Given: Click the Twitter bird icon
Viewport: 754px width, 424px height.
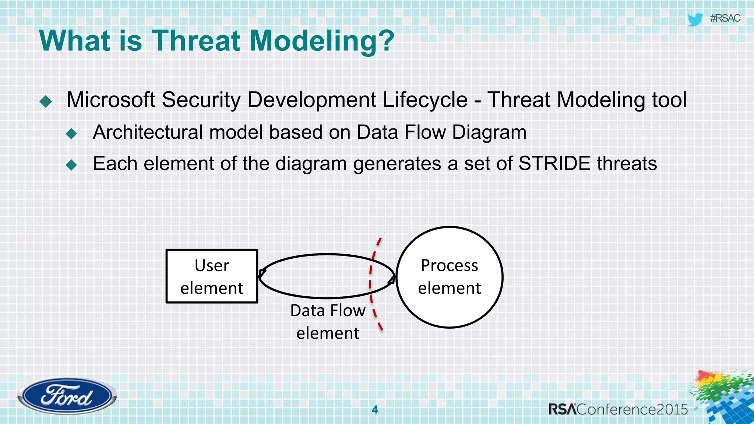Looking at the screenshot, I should click(x=695, y=20).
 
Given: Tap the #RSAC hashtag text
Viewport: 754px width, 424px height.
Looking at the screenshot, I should click(x=725, y=18).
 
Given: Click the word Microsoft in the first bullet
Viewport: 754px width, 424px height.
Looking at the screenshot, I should click(x=111, y=100).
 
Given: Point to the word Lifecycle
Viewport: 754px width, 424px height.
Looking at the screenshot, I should click(x=425, y=100).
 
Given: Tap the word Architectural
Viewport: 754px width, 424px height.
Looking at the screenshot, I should click(x=148, y=132).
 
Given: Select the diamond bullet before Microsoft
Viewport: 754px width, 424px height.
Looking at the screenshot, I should click(x=46, y=101).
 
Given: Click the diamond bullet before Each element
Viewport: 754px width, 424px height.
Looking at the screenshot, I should click(x=71, y=165).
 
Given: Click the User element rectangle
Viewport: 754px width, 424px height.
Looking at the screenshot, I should click(x=212, y=276).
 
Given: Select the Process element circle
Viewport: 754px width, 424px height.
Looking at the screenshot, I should click(x=449, y=277).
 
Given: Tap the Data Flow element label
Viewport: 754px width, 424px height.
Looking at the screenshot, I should click(x=327, y=321).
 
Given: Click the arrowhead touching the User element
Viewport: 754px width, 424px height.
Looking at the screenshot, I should click(x=262, y=273).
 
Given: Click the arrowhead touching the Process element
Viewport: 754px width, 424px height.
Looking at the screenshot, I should click(x=392, y=280).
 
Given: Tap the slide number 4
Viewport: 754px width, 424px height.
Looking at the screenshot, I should click(x=375, y=409).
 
